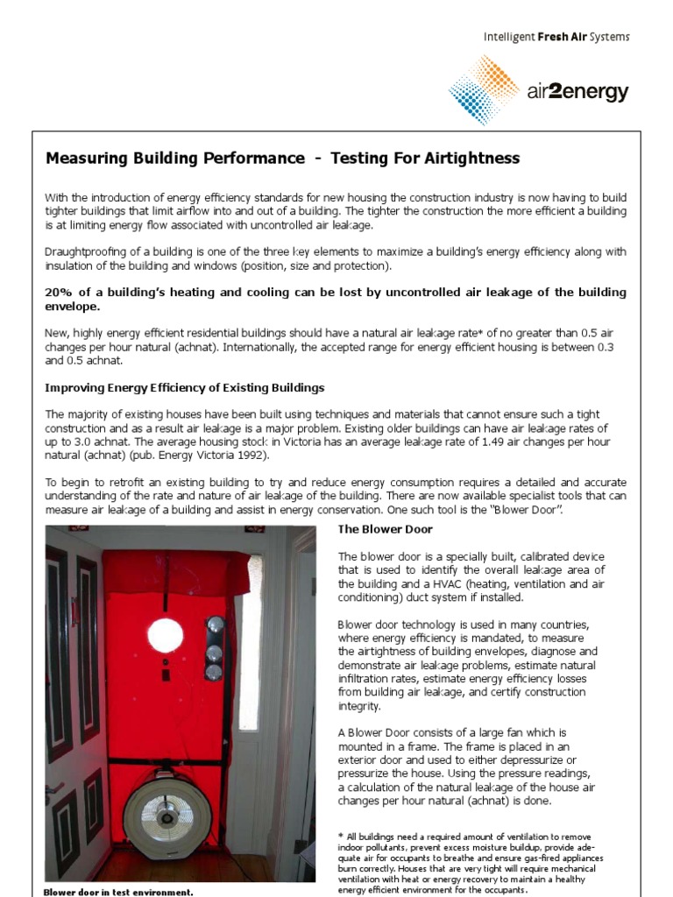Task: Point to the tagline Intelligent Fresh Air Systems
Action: click(556, 37)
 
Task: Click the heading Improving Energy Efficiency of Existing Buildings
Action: click(185, 387)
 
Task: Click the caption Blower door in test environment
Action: click(117, 892)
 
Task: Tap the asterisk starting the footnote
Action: click(341, 834)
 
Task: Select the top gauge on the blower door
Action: click(213, 628)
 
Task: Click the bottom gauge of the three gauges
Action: click(213, 672)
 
